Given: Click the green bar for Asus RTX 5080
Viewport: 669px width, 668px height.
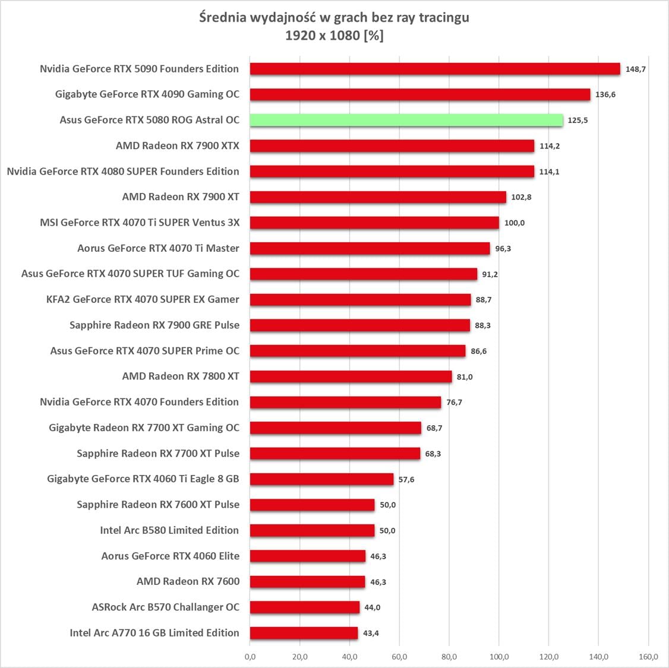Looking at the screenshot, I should coord(406,120).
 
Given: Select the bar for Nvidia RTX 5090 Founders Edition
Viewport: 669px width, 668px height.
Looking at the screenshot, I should coord(435,69).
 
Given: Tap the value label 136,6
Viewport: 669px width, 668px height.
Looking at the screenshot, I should coord(605,94).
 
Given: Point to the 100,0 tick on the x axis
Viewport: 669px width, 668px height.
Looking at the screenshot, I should coord(499,657).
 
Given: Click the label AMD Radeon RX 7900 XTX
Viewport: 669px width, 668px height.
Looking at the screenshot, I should coord(178,145).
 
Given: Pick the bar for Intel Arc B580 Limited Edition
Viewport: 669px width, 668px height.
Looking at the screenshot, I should coord(312,530).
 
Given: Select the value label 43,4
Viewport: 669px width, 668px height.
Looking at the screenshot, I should coord(371,633).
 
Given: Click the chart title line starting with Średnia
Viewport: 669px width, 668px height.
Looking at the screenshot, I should coord(334,18).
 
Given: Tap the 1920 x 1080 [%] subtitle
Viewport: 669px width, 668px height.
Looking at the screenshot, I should coord(334,36).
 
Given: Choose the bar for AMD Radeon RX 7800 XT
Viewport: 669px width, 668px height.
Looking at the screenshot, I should coord(351,376).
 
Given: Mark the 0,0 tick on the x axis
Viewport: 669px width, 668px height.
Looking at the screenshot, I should coord(250,657).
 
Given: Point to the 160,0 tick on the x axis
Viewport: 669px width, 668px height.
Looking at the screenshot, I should coord(648,657).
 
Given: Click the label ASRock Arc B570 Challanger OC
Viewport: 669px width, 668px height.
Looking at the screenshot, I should coord(166,607).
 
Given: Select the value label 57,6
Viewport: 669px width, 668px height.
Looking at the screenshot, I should coord(406,479).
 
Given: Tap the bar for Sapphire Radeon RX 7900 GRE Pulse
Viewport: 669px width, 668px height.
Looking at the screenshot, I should coord(360,325).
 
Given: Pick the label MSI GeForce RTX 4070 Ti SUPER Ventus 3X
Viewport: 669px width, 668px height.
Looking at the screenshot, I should coord(140,223).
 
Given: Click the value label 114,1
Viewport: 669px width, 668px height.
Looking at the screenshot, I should coord(549,172).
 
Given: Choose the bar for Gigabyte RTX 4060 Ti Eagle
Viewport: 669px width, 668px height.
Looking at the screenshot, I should coord(321,479).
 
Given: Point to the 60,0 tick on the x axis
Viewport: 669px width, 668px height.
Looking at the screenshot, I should coord(399,657).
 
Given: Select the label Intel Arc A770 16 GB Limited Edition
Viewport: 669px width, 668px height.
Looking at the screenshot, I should coord(154,633).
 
